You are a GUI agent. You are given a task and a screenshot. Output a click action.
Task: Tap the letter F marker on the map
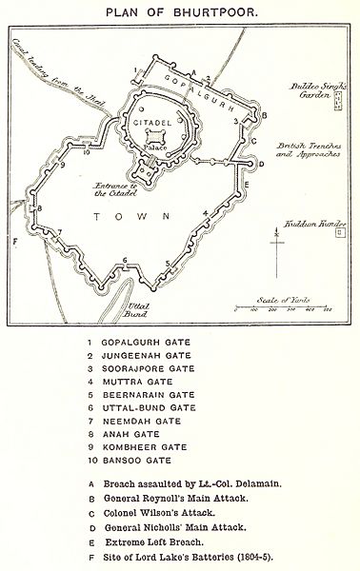point(15,242)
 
